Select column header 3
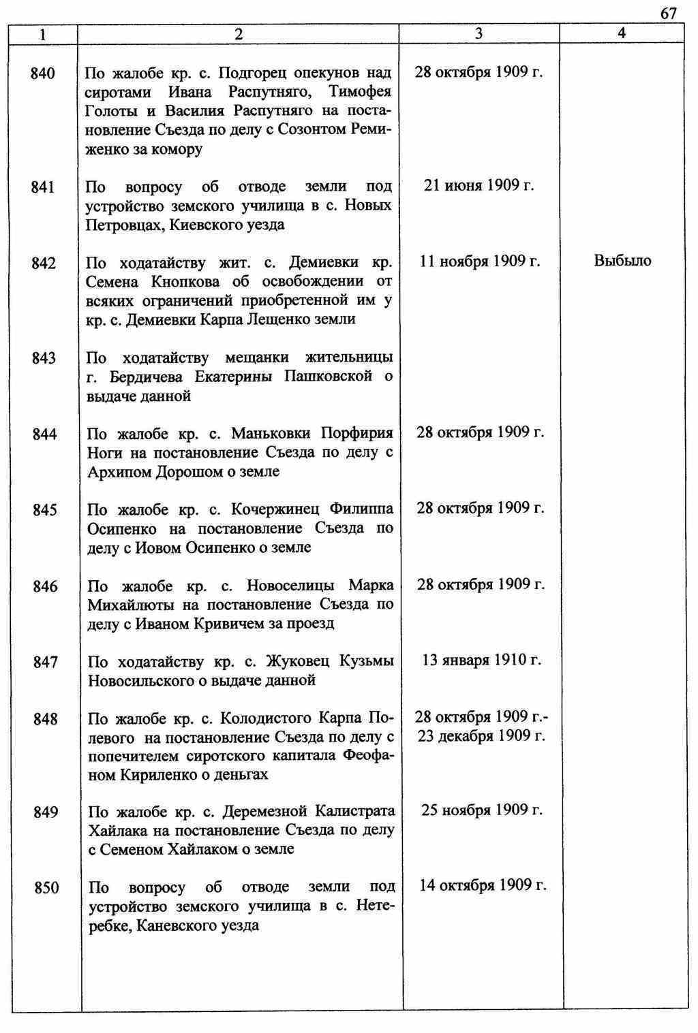479,33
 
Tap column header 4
621,33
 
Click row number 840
43,73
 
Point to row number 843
44,358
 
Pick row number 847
45,662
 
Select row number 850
46,888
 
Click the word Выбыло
622,261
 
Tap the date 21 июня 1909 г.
479,185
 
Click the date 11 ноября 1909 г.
480,261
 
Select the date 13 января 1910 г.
481,660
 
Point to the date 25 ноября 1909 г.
482,810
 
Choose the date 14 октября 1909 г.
483,885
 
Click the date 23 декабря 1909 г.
481,736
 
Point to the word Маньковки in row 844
271,434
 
